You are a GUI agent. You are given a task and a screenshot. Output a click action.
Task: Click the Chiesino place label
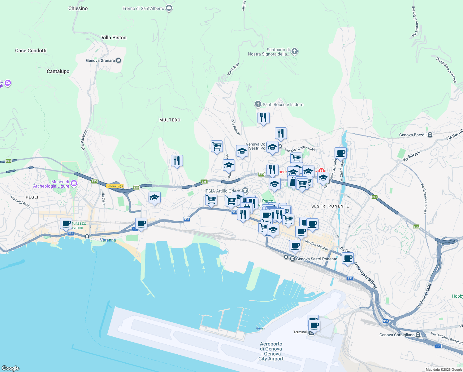point(78,9)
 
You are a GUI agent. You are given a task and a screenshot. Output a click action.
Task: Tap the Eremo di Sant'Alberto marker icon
point(169,8)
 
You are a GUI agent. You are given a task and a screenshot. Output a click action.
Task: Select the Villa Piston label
point(114,38)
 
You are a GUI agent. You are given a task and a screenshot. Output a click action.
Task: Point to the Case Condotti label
point(31,51)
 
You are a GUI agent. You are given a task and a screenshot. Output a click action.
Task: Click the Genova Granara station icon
point(118,60)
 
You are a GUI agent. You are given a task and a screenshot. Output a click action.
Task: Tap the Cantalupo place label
point(58,71)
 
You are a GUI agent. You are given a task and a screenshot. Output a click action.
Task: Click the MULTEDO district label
point(170,120)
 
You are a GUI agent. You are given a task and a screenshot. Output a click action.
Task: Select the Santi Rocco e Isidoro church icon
point(258,104)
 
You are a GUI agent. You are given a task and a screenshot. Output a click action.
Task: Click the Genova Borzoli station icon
point(430,135)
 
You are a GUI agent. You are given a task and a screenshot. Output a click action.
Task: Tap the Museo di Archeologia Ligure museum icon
point(74,184)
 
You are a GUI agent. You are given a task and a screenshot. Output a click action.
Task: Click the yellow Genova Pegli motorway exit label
point(115,186)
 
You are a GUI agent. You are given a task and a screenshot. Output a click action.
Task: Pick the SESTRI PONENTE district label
point(330,206)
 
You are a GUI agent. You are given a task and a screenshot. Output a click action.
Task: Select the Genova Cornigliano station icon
point(418,335)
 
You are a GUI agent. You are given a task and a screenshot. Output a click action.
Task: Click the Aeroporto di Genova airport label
point(271,351)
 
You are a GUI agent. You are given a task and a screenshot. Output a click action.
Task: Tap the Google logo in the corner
point(11,368)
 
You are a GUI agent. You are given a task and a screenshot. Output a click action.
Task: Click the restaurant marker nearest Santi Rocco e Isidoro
point(263,118)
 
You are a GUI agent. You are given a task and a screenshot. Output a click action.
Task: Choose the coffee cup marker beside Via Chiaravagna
point(340,153)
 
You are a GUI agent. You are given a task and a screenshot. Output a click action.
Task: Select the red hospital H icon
point(322,170)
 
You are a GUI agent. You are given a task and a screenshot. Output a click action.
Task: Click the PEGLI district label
point(32,197)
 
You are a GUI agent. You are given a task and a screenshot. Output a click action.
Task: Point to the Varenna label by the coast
point(108,240)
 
